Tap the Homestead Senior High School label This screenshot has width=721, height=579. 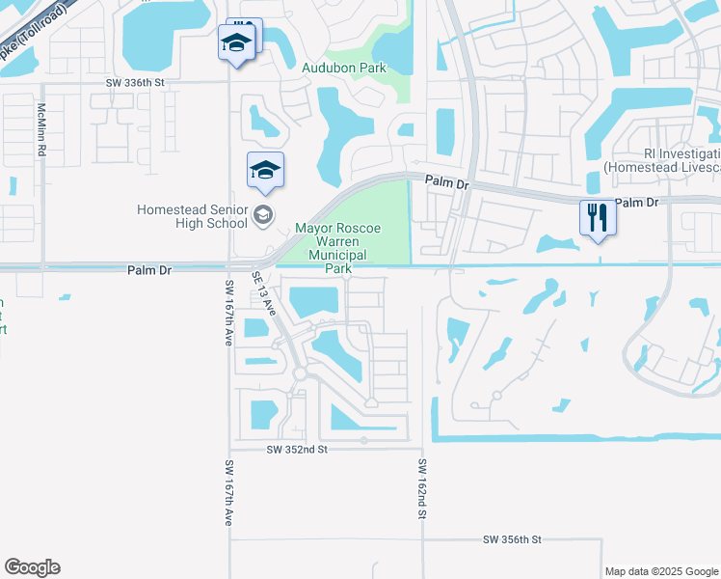click(192, 216)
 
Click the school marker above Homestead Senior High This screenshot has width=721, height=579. click(265, 172)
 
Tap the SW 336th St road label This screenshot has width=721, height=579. click(135, 83)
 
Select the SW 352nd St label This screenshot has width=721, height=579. click(297, 450)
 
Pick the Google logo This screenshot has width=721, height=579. click(32, 567)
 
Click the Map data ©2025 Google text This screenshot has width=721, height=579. click(661, 571)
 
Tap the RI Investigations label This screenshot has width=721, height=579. click(681, 160)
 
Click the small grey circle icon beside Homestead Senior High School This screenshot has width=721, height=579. click(263, 216)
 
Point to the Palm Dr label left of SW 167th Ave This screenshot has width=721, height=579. click(148, 271)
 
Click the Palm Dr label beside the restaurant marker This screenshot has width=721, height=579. click(635, 203)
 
